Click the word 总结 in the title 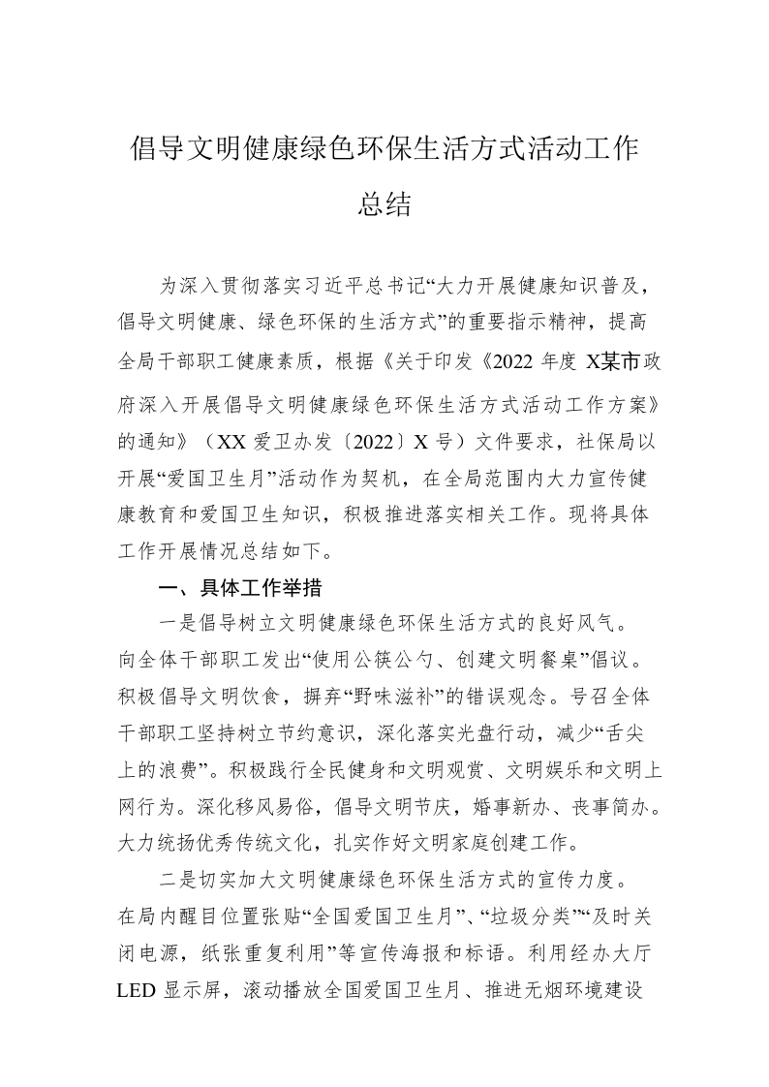click(x=384, y=204)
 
